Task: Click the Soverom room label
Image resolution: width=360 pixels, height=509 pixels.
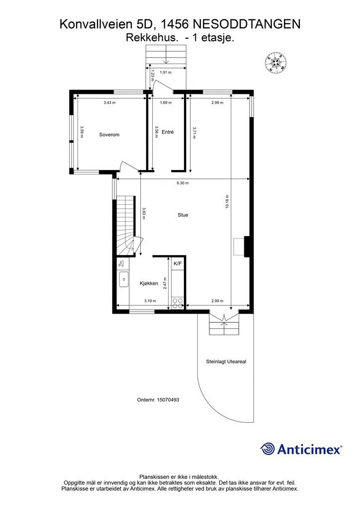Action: tap(109, 135)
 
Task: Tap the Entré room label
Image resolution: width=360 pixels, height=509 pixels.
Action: tap(168, 132)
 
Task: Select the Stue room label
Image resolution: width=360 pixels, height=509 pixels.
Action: tap(183, 215)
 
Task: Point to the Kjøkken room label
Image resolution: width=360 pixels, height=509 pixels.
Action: tap(149, 283)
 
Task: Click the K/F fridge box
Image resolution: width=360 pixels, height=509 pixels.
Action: tap(178, 263)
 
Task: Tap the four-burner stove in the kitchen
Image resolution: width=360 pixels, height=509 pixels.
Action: tap(178, 303)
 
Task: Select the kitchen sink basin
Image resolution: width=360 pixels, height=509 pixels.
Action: tap(124, 279)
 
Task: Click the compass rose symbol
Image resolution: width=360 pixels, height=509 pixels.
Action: tap(275, 61)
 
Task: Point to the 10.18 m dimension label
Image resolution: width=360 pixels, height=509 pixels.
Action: tap(227, 201)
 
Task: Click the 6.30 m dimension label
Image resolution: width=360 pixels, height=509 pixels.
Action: tap(182, 183)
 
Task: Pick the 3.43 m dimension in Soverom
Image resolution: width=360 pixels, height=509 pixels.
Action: tap(109, 102)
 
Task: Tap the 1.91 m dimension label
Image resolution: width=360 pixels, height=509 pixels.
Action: tap(166, 73)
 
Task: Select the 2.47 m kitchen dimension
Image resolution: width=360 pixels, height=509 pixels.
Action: tap(165, 283)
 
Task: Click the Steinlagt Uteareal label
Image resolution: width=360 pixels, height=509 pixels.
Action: tap(226, 362)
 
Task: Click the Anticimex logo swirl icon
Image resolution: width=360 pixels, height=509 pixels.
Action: tap(268, 449)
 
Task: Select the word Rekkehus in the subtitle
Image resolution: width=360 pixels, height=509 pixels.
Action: tap(152, 38)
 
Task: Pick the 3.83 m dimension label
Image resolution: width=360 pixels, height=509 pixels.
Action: tap(143, 213)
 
